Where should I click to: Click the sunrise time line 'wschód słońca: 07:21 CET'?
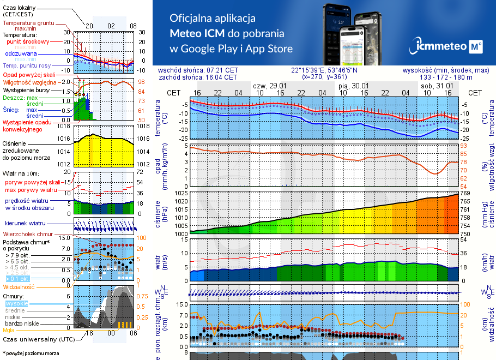coord(198,70)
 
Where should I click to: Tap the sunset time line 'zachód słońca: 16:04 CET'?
coord(197,77)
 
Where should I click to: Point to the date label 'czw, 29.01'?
coord(269,86)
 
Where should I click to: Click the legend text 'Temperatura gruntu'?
coord(28,23)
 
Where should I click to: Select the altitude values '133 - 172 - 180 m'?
coord(446,77)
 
